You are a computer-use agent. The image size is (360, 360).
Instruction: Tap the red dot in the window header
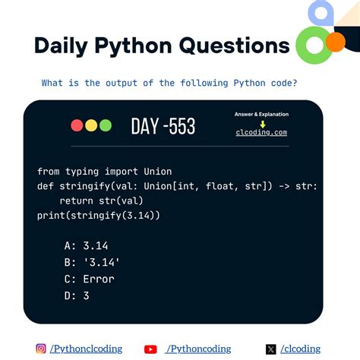[77, 125]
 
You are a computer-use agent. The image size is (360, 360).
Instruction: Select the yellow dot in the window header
[91, 125]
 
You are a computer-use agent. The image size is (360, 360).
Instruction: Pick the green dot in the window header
[105, 125]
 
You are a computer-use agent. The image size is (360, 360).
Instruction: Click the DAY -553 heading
[163, 126]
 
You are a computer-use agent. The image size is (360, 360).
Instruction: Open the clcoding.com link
[261, 132]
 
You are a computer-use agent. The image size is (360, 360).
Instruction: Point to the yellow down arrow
[262, 123]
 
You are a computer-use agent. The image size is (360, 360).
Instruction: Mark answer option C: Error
[89, 279]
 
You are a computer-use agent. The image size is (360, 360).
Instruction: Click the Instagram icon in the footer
[41, 349]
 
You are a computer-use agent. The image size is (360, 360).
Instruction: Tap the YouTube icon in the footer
[150, 349]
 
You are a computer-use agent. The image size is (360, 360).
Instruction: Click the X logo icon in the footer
[271, 349]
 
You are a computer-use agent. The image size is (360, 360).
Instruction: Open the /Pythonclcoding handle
[87, 349]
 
